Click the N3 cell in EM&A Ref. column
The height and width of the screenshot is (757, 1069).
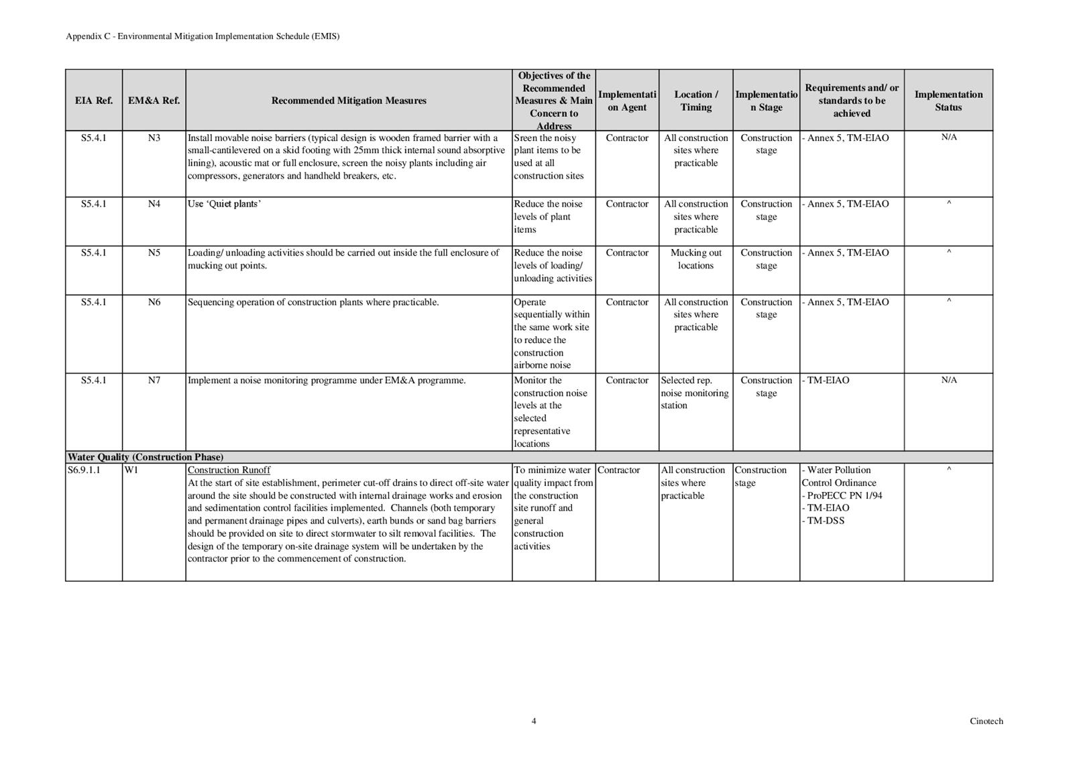154,138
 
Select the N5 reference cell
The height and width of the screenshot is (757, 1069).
154,253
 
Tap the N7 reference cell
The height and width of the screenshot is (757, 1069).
154,381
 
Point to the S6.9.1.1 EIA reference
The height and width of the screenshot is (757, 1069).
84,470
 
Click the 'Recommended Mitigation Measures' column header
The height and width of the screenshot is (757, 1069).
349,101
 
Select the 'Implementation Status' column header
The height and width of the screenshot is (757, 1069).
948,101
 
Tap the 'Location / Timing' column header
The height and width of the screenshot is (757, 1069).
695,101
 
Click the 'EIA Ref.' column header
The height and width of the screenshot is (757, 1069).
94,101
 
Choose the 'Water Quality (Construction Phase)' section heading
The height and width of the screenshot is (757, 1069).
146,458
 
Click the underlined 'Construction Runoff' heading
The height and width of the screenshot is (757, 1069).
229,470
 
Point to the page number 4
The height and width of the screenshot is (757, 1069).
534,721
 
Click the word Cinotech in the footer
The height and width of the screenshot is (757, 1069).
986,721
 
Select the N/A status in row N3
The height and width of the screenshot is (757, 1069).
948,138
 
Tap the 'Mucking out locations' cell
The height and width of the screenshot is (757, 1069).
695,259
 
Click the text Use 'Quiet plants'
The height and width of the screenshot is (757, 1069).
224,204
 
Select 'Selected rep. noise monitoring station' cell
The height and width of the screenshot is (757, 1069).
694,393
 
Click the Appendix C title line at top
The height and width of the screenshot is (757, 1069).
203,36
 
